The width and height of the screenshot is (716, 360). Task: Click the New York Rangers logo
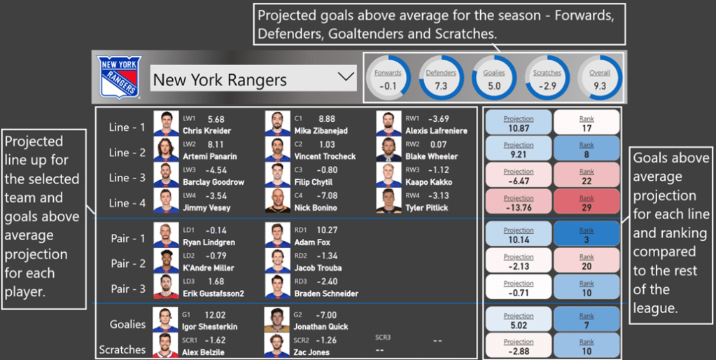point(120,78)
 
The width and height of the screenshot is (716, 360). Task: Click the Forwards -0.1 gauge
point(388,78)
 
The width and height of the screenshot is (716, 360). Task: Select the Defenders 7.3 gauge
point(441,78)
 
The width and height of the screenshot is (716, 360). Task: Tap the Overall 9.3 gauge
point(600,78)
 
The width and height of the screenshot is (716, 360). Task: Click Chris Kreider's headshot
point(167,124)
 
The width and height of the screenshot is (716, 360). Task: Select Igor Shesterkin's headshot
point(167,319)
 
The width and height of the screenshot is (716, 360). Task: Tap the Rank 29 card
point(587,202)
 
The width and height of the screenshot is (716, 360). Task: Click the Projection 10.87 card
point(519,123)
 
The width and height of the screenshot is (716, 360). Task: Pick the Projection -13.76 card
point(519,202)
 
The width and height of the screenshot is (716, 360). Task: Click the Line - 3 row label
point(127,178)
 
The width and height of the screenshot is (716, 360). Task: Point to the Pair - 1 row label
point(127,239)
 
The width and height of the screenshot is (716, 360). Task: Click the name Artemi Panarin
point(209,155)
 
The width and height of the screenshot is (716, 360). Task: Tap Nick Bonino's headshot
point(278,200)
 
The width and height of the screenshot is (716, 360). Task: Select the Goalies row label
point(127,324)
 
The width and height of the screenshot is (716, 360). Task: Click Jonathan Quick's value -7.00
point(326,315)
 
